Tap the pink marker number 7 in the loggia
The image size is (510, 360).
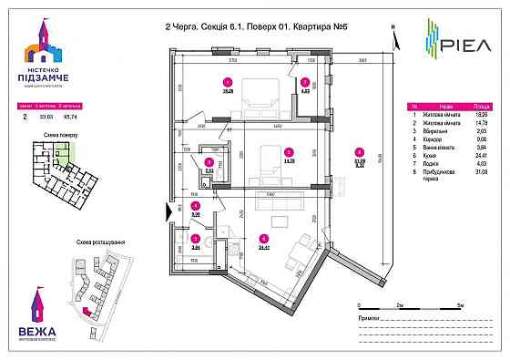[x=306, y=81]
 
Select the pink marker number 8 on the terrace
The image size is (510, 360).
[x=360, y=153]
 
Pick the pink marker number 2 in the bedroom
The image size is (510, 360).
[x=288, y=152]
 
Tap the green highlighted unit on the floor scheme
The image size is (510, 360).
[x=59, y=150]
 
